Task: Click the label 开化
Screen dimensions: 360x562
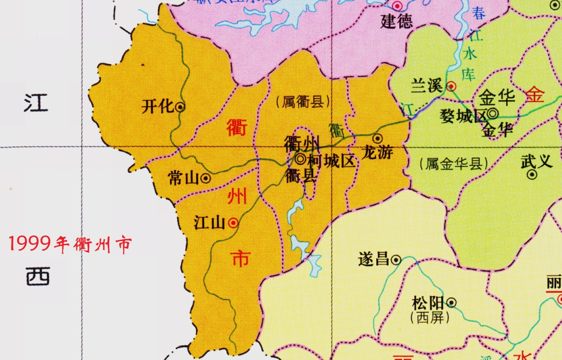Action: pyautogui.click(x=157, y=107)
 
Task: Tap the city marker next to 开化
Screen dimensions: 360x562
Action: pyautogui.click(x=180, y=107)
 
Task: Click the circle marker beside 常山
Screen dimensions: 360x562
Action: pyautogui.click(x=206, y=178)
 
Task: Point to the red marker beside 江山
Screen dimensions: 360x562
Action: pyautogui.click(x=234, y=222)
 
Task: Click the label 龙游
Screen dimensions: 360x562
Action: pyautogui.click(x=378, y=153)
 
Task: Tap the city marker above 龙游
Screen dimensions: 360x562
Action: pyautogui.click(x=378, y=138)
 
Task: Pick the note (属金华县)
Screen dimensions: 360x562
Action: pyautogui.click(x=454, y=164)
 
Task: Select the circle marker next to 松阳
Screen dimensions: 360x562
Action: pyautogui.click(x=451, y=303)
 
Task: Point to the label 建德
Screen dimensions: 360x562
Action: pyautogui.click(x=396, y=21)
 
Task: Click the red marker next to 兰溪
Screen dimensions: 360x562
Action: pyautogui.click(x=451, y=86)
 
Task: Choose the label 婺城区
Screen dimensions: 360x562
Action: pyautogui.click(x=463, y=116)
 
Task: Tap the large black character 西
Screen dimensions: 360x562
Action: pyautogui.click(x=38, y=275)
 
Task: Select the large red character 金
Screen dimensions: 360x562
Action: pyautogui.click(x=535, y=95)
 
